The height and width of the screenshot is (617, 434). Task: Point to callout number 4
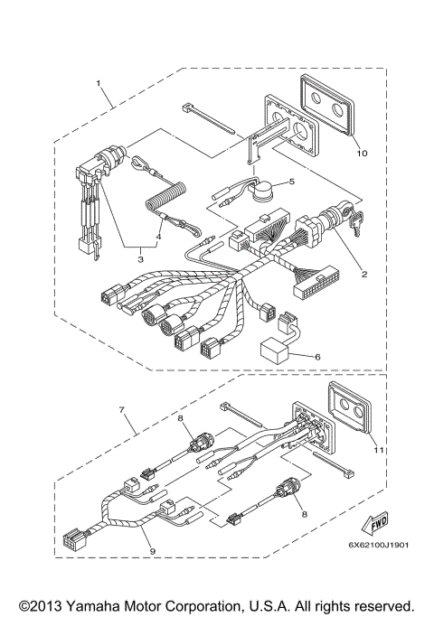pos(158,239)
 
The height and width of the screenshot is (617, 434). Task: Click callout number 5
pos(290,182)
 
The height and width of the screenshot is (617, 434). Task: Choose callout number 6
pos(317,358)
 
